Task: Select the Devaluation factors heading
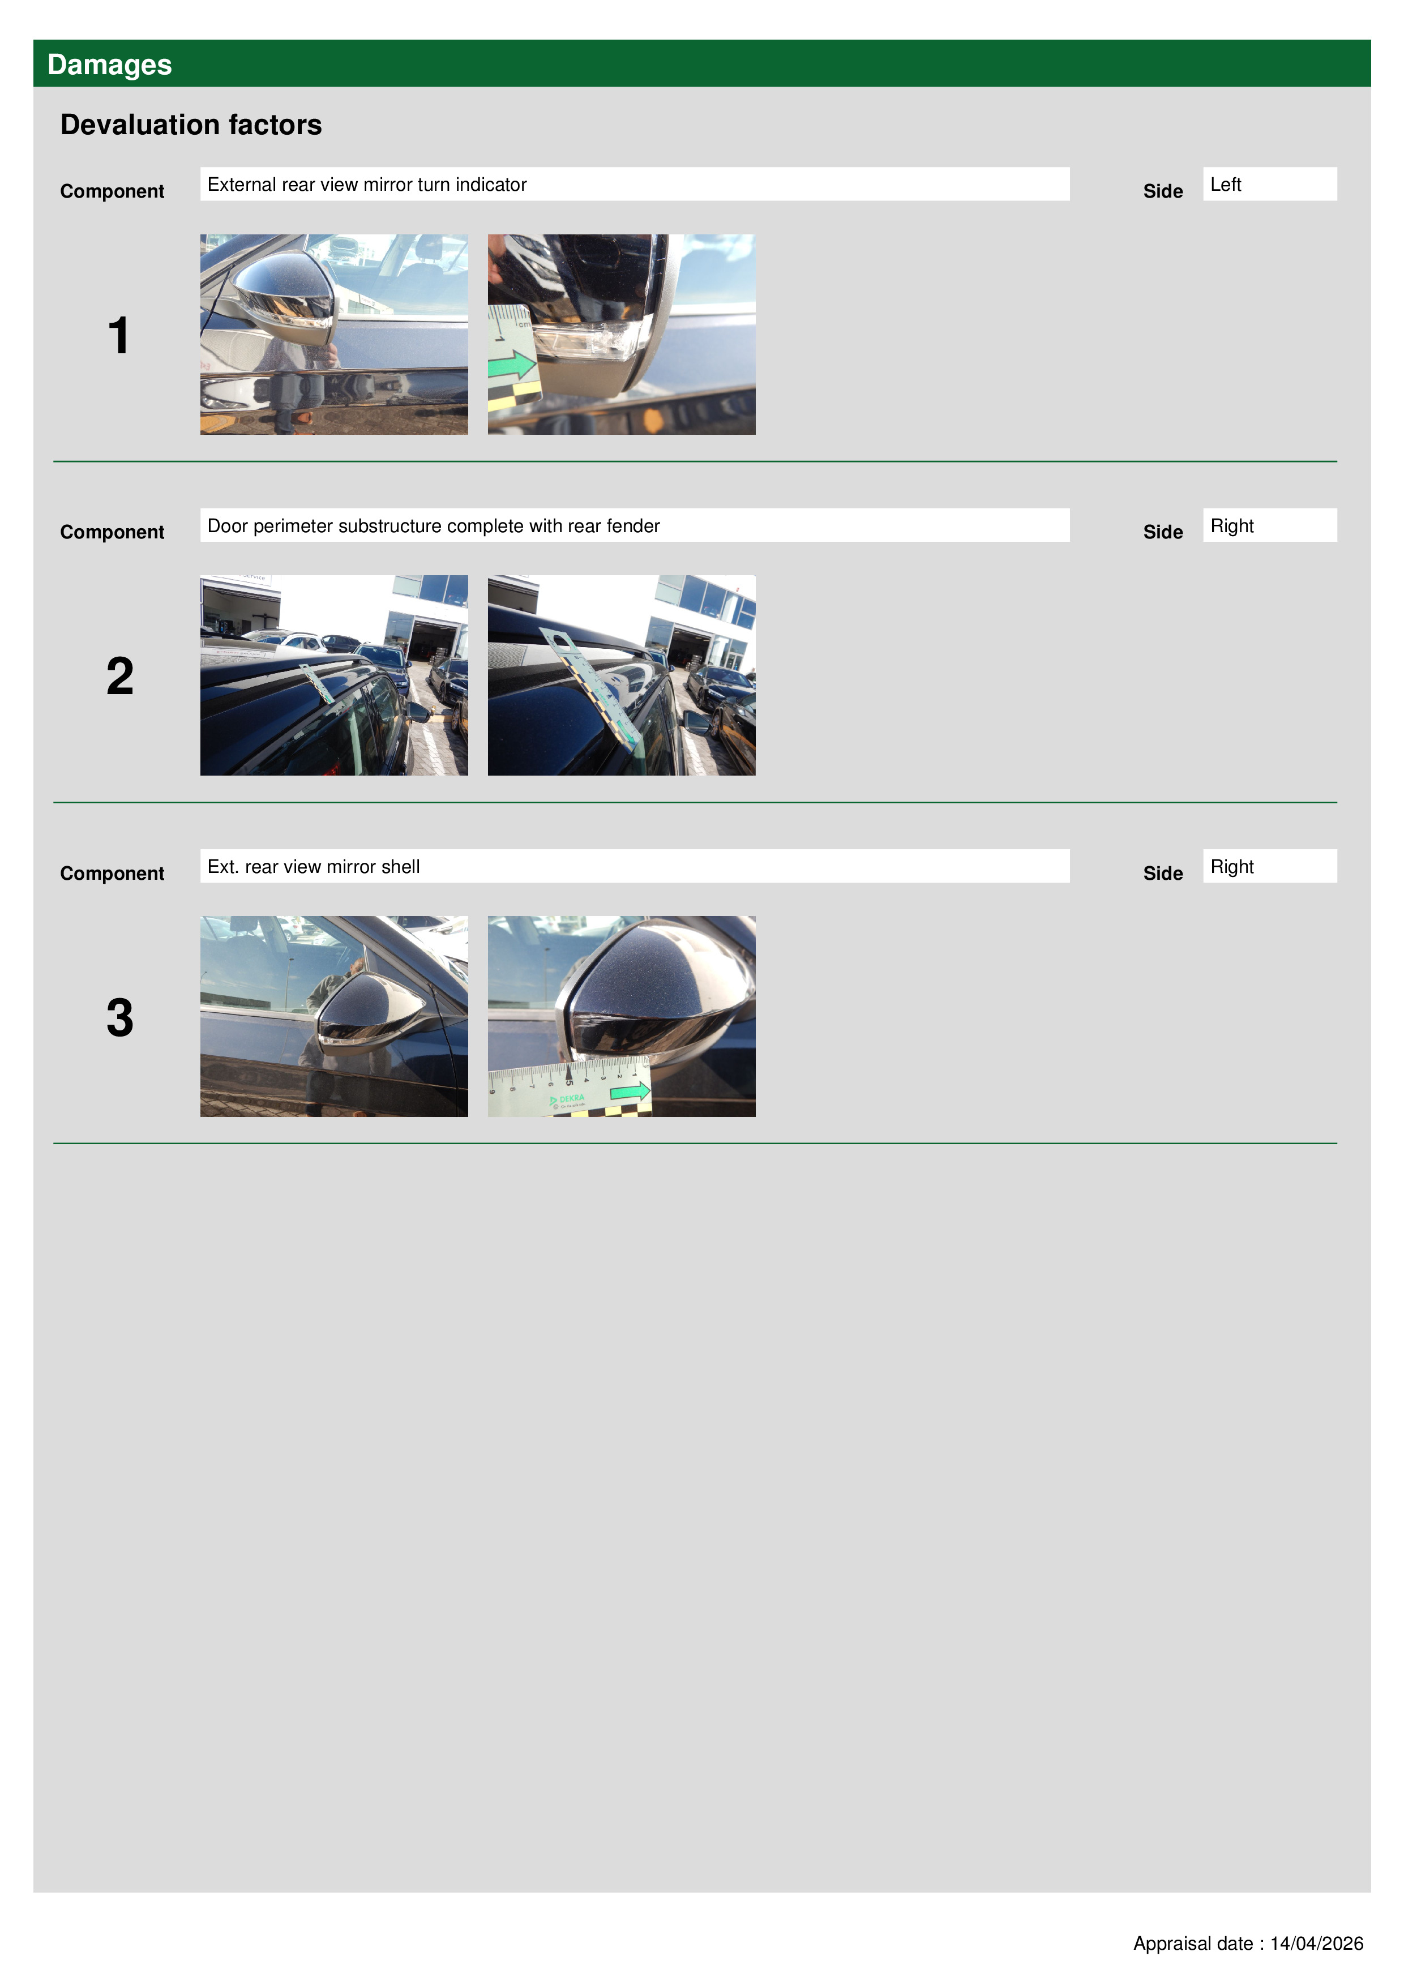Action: coord(191,125)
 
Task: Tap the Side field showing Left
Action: coord(1269,184)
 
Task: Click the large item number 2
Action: coord(120,677)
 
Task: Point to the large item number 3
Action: coord(120,1017)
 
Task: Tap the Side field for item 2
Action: coord(1269,525)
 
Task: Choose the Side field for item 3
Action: coord(1269,866)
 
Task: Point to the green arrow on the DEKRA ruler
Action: coord(630,1092)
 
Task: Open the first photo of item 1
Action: coord(334,335)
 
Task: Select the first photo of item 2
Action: coord(334,675)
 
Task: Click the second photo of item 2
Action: coord(621,675)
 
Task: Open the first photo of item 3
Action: coord(334,1016)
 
